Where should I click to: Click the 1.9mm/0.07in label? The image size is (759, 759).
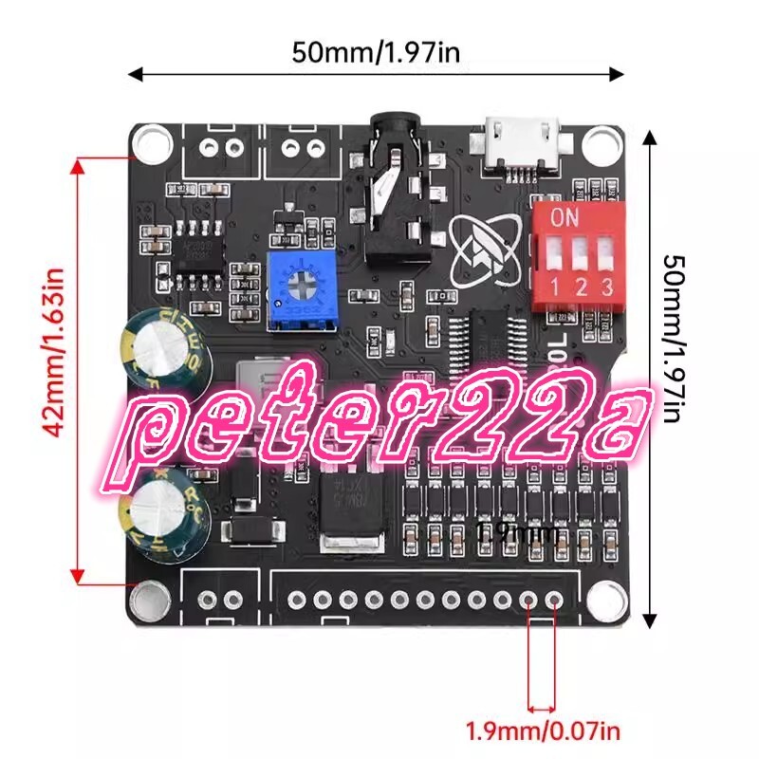[x=543, y=731]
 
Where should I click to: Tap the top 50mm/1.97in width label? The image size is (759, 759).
[x=377, y=52]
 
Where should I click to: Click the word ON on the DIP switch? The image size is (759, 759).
[x=565, y=217]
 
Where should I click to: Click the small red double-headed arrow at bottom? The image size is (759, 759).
[x=543, y=709]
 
